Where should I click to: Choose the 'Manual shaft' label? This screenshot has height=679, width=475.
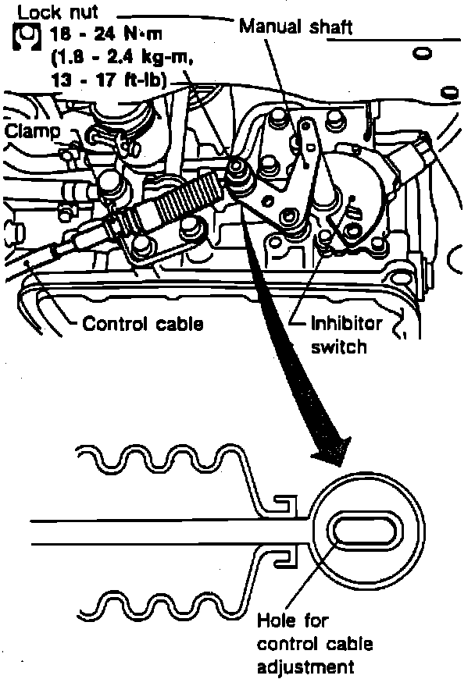[296, 27]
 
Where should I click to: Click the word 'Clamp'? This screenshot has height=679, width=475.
[32, 131]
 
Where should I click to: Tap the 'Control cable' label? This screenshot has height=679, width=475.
[143, 322]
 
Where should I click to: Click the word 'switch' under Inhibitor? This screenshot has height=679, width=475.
[338, 346]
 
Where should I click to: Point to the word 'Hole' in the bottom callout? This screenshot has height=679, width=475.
[274, 621]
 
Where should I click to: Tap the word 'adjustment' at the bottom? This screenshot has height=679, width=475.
[306, 667]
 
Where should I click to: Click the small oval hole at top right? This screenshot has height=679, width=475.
[424, 54]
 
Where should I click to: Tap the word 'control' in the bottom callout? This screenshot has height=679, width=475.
[286, 645]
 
